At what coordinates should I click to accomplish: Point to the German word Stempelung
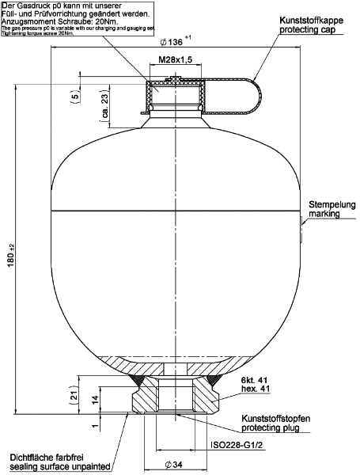(x=332, y=204)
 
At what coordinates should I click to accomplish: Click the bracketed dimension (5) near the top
(x=74, y=96)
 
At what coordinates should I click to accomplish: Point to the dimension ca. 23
(x=105, y=103)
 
